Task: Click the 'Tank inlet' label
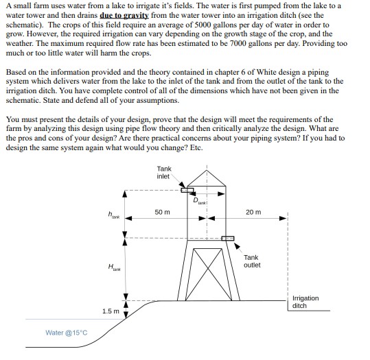click(x=164, y=172)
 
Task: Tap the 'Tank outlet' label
click(x=252, y=261)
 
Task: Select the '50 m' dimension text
click(x=163, y=212)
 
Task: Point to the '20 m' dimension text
click(x=253, y=212)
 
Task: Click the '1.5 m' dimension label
click(x=111, y=311)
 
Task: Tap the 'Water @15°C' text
click(x=67, y=333)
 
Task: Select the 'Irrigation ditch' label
click(x=305, y=302)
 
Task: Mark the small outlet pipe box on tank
click(x=228, y=239)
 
